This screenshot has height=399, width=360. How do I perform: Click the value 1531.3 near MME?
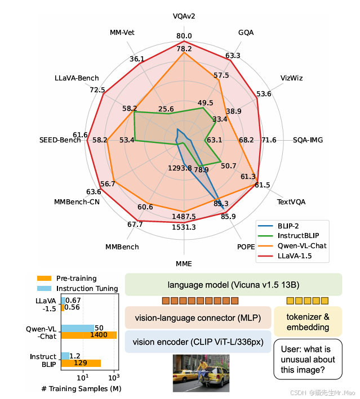[184, 227]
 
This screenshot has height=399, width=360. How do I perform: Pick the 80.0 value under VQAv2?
[184, 37]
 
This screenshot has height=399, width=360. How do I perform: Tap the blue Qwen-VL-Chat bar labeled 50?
[78, 328]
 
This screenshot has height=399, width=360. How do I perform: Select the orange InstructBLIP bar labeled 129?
[81, 363]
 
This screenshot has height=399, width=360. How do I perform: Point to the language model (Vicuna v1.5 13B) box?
[233, 285]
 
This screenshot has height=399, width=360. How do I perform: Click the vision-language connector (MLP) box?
[198, 318]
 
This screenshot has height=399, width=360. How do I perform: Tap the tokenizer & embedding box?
[308, 322]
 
